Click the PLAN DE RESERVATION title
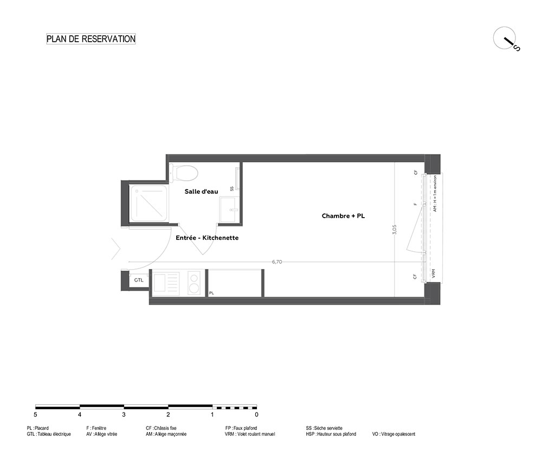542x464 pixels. pos(91,38)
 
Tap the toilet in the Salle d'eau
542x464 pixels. pos(184,172)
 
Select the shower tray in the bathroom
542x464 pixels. pos(150,203)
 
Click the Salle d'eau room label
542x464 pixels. pos(201,191)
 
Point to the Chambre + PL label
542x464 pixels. pos(343,216)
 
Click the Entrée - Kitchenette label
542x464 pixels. pos(207,238)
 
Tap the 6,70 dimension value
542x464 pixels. pos(277,262)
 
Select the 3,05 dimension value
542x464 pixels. pos(395,229)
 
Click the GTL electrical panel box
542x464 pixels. pos(139,280)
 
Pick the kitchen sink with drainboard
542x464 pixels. pos(166,284)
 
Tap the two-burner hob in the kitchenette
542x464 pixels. pos(194,284)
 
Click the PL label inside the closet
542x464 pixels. pos(211,293)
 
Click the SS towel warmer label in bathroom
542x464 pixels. pos(231,188)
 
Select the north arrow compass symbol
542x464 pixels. pos(506,38)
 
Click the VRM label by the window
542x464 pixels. pos(433,274)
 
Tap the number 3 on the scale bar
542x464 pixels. pos(124,415)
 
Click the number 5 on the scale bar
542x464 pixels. pos(36,415)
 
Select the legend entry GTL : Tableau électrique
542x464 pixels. pos(49,434)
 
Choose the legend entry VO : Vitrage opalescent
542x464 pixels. pos(393,434)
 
